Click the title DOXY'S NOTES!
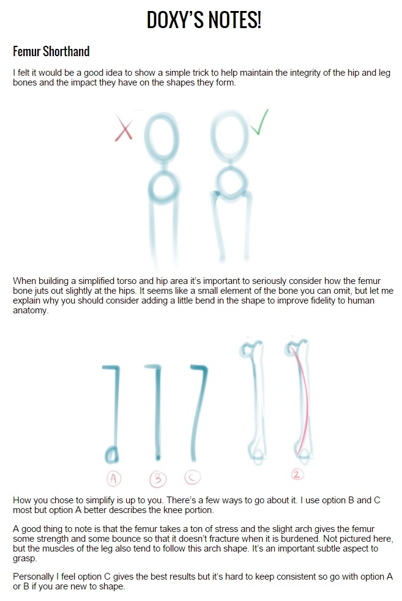[x=204, y=20]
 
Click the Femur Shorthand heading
[x=51, y=51]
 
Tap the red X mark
[x=124, y=130]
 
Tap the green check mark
[x=259, y=122]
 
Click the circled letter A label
[x=113, y=478]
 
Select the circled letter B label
[x=157, y=479]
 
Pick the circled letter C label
[x=193, y=478]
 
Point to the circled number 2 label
[x=297, y=475]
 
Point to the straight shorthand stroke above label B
[x=157, y=412]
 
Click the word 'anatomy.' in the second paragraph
[x=31, y=311]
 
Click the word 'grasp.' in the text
[x=25, y=559]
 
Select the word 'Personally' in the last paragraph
[x=34, y=577]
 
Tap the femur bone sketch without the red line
[x=254, y=401]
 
